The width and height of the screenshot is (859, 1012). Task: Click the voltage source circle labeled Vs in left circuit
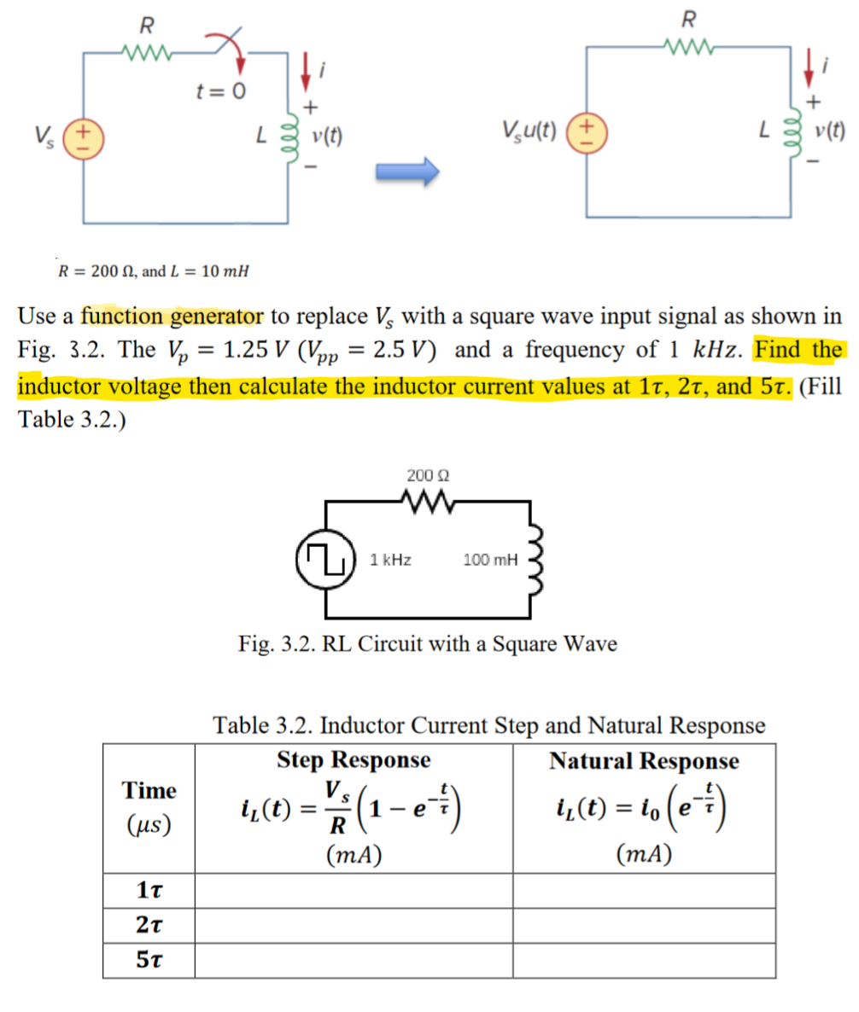coord(83,136)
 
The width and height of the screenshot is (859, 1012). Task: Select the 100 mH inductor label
coord(489,561)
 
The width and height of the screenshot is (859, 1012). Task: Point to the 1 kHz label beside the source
coord(391,561)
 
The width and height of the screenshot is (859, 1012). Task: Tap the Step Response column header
coord(354,759)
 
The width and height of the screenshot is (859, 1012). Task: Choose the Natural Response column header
coord(644,759)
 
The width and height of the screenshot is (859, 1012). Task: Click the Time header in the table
coord(149,790)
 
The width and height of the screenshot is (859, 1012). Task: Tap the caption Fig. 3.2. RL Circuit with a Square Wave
coord(428,643)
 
